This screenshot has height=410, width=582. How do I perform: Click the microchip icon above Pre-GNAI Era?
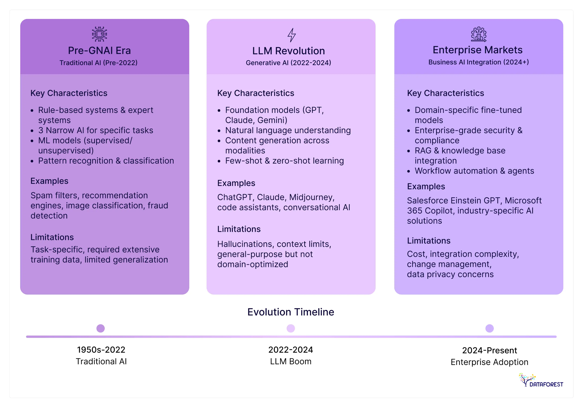[99, 34]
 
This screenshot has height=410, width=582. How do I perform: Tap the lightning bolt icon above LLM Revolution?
[291, 35]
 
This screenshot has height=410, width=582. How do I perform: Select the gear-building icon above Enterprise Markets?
[479, 34]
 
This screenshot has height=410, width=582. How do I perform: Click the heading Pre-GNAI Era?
[99, 50]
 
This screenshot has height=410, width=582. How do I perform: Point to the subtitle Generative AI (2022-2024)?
[288, 63]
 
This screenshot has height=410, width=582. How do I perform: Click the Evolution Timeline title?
[291, 312]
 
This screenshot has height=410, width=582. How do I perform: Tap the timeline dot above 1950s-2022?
[101, 328]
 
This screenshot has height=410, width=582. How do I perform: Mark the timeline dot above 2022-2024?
[291, 328]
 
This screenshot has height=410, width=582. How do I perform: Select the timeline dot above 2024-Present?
[489, 328]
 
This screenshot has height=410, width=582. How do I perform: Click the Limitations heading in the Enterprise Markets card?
[429, 241]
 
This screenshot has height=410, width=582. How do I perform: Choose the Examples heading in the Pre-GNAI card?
[49, 181]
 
